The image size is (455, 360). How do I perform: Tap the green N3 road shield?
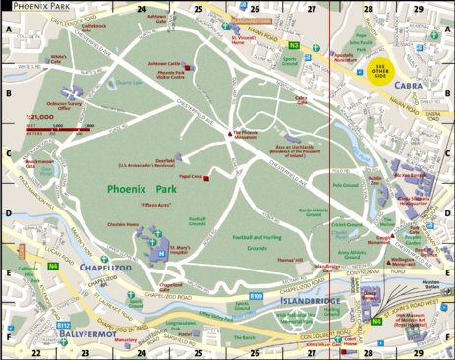[x=294, y=45]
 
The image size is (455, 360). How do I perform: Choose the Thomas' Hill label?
[x=288, y=260]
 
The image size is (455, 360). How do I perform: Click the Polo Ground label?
[x=345, y=184]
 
